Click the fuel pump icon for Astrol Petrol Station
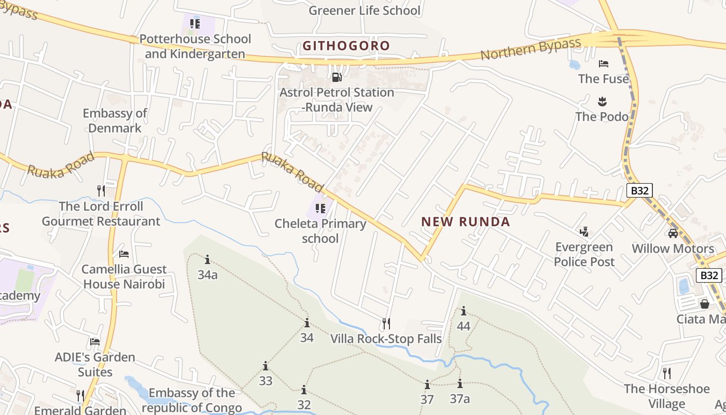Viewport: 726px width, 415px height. click(x=337, y=77)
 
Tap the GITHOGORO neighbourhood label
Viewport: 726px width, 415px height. click(x=346, y=46)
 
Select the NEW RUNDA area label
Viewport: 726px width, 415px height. click(x=465, y=222)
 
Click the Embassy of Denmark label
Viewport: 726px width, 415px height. click(x=115, y=120)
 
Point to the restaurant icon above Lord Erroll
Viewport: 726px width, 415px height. click(x=101, y=191)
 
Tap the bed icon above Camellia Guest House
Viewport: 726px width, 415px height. click(x=124, y=254)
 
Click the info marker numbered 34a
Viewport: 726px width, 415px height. click(x=207, y=259)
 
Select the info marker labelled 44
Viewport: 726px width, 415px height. click(x=463, y=311)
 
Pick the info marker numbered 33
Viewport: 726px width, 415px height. click(x=266, y=366)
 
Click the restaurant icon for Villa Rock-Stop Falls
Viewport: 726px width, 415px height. click(x=386, y=324)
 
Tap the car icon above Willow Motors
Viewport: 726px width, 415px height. click(x=673, y=233)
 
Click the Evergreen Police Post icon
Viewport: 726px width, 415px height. click(x=584, y=231)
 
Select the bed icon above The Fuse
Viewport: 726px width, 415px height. click(x=603, y=64)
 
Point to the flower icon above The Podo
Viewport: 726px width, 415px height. click(x=602, y=101)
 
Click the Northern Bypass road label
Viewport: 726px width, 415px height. click(x=530, y=49)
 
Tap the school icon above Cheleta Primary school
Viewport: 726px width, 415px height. click(x=320, y=209)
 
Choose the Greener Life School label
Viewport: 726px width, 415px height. click(x=364, y=10)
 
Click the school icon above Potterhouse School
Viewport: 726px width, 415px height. click(x=195, y=23)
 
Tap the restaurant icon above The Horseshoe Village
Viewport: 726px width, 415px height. click(x=667, y=373)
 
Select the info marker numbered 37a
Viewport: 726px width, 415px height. click(x=459, y=384)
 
